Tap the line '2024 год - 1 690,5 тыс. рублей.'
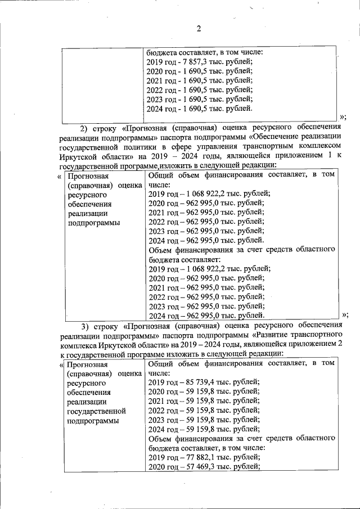(199, 109)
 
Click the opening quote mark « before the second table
(60, 175)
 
